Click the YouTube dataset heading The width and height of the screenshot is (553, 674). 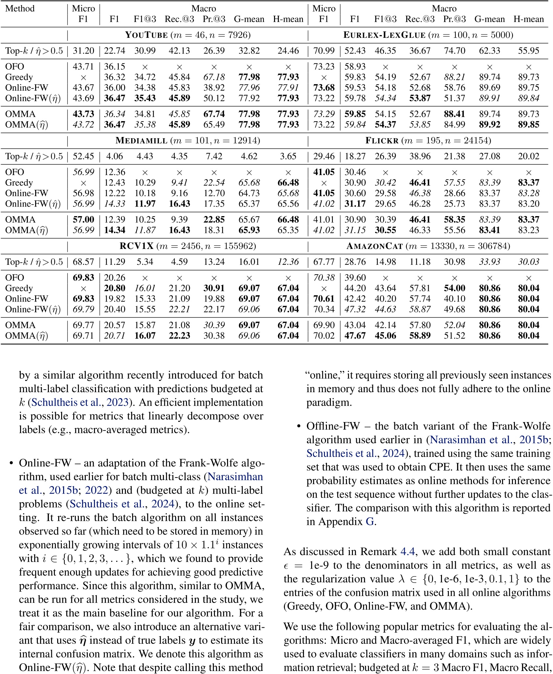188,35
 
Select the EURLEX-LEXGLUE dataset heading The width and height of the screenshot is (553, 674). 428,35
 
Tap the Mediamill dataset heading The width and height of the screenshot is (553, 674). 188,141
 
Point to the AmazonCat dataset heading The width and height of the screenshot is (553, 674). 428,246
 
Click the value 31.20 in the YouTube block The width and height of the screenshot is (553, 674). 83,51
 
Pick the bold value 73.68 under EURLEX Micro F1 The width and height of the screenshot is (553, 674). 324,88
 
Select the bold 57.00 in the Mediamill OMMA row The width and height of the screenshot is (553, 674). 83,219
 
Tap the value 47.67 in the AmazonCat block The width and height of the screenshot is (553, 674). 355,336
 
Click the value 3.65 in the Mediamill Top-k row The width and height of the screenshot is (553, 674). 288,156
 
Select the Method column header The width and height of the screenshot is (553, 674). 20,9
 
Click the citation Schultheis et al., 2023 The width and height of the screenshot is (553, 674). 80,402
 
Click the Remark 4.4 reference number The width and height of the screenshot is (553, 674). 407,551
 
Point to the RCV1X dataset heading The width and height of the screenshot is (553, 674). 188,246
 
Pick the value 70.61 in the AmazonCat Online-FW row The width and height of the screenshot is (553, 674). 324,299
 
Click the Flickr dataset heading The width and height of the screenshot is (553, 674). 428,141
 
